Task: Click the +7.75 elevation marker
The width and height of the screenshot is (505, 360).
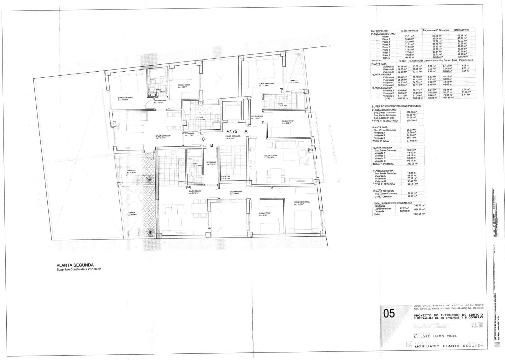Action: [x=232, y=131]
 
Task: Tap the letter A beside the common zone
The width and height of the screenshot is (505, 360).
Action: [x=246, y=131]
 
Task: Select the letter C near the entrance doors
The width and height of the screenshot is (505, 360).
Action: [x=203, y=139]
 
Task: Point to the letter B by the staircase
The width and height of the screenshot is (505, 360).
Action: [x=212, y=145]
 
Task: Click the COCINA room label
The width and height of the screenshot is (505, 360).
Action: [x=199, y=117]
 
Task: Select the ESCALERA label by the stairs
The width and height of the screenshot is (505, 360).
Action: [x=225, y=176]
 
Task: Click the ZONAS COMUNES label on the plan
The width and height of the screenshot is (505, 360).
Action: [x=233, y=136]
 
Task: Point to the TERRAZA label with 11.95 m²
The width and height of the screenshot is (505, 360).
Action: [x=131, y=213]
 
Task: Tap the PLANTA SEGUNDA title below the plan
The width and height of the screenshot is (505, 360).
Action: [x=75, y=265]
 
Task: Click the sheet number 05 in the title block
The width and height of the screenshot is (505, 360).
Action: [x=389, y=313]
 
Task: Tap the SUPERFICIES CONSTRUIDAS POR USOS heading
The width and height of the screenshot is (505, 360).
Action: [x=396, y=106]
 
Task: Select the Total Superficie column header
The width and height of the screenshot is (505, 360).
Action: [x=461, y=30]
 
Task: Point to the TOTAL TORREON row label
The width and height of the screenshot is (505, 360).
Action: [x=383, y=196]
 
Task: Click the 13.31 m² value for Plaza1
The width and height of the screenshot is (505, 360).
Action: [x=409, y=36]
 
